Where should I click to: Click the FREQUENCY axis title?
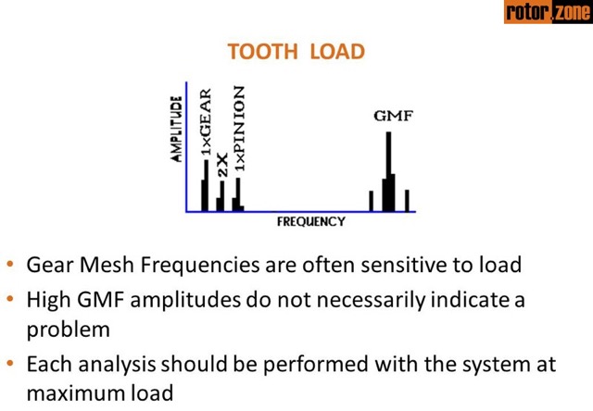(310, 222)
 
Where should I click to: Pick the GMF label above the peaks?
(388, 117)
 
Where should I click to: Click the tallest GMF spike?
(389, 171)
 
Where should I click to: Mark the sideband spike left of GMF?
(371, 200)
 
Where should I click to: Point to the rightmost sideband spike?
(407, 200)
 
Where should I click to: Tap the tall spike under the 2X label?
(222, 195)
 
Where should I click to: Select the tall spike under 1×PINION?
(238, 193)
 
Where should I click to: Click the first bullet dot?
(10, 266)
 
